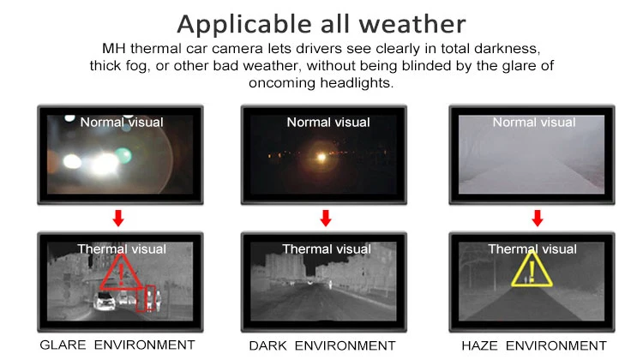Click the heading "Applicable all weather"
(x=321, y=22)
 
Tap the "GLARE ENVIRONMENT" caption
(x=117, y=345)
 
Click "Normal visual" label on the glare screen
(x=121, y=123)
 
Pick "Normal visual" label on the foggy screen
(x=535, y=123)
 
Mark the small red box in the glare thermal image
(x=149, y=297)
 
